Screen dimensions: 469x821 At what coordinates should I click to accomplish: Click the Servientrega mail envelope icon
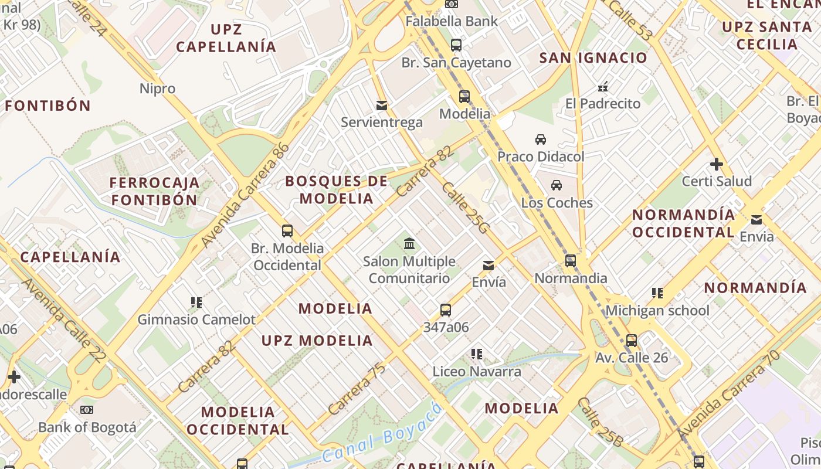tap(382, 106)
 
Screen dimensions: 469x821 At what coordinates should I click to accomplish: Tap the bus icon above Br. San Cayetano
tap(456, 45)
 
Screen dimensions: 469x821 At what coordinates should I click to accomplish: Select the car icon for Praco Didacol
tap(541, 140)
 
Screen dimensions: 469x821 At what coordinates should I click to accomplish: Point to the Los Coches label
tap(557, 203)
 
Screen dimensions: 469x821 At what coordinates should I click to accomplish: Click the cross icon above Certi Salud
tap(716, 164)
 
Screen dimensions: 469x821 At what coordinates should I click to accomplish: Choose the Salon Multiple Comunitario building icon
tap(409, 243)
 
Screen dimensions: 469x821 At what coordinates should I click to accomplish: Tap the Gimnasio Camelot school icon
tap(196, 303)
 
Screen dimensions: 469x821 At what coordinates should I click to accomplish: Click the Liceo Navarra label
tap(477, 371)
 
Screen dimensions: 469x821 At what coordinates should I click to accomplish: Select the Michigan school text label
tap(657, 310)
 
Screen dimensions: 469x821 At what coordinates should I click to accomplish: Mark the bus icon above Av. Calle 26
tap(632, 341)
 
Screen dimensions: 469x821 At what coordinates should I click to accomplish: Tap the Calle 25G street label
tap(465, 208)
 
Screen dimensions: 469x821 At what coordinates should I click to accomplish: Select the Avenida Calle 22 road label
tap(65, 320)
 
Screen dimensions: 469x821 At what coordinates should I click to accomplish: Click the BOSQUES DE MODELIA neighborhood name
tap(337, 189)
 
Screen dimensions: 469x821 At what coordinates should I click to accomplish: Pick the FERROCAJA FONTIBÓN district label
tap(154, 191)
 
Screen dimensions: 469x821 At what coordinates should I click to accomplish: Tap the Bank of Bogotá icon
tap(87, 410)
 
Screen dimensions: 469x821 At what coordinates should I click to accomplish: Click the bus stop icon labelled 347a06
tap(446, 310)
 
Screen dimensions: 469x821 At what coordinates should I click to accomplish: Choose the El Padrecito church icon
tap(602, 87)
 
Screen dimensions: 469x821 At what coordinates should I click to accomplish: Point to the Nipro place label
tap(157, 89)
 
